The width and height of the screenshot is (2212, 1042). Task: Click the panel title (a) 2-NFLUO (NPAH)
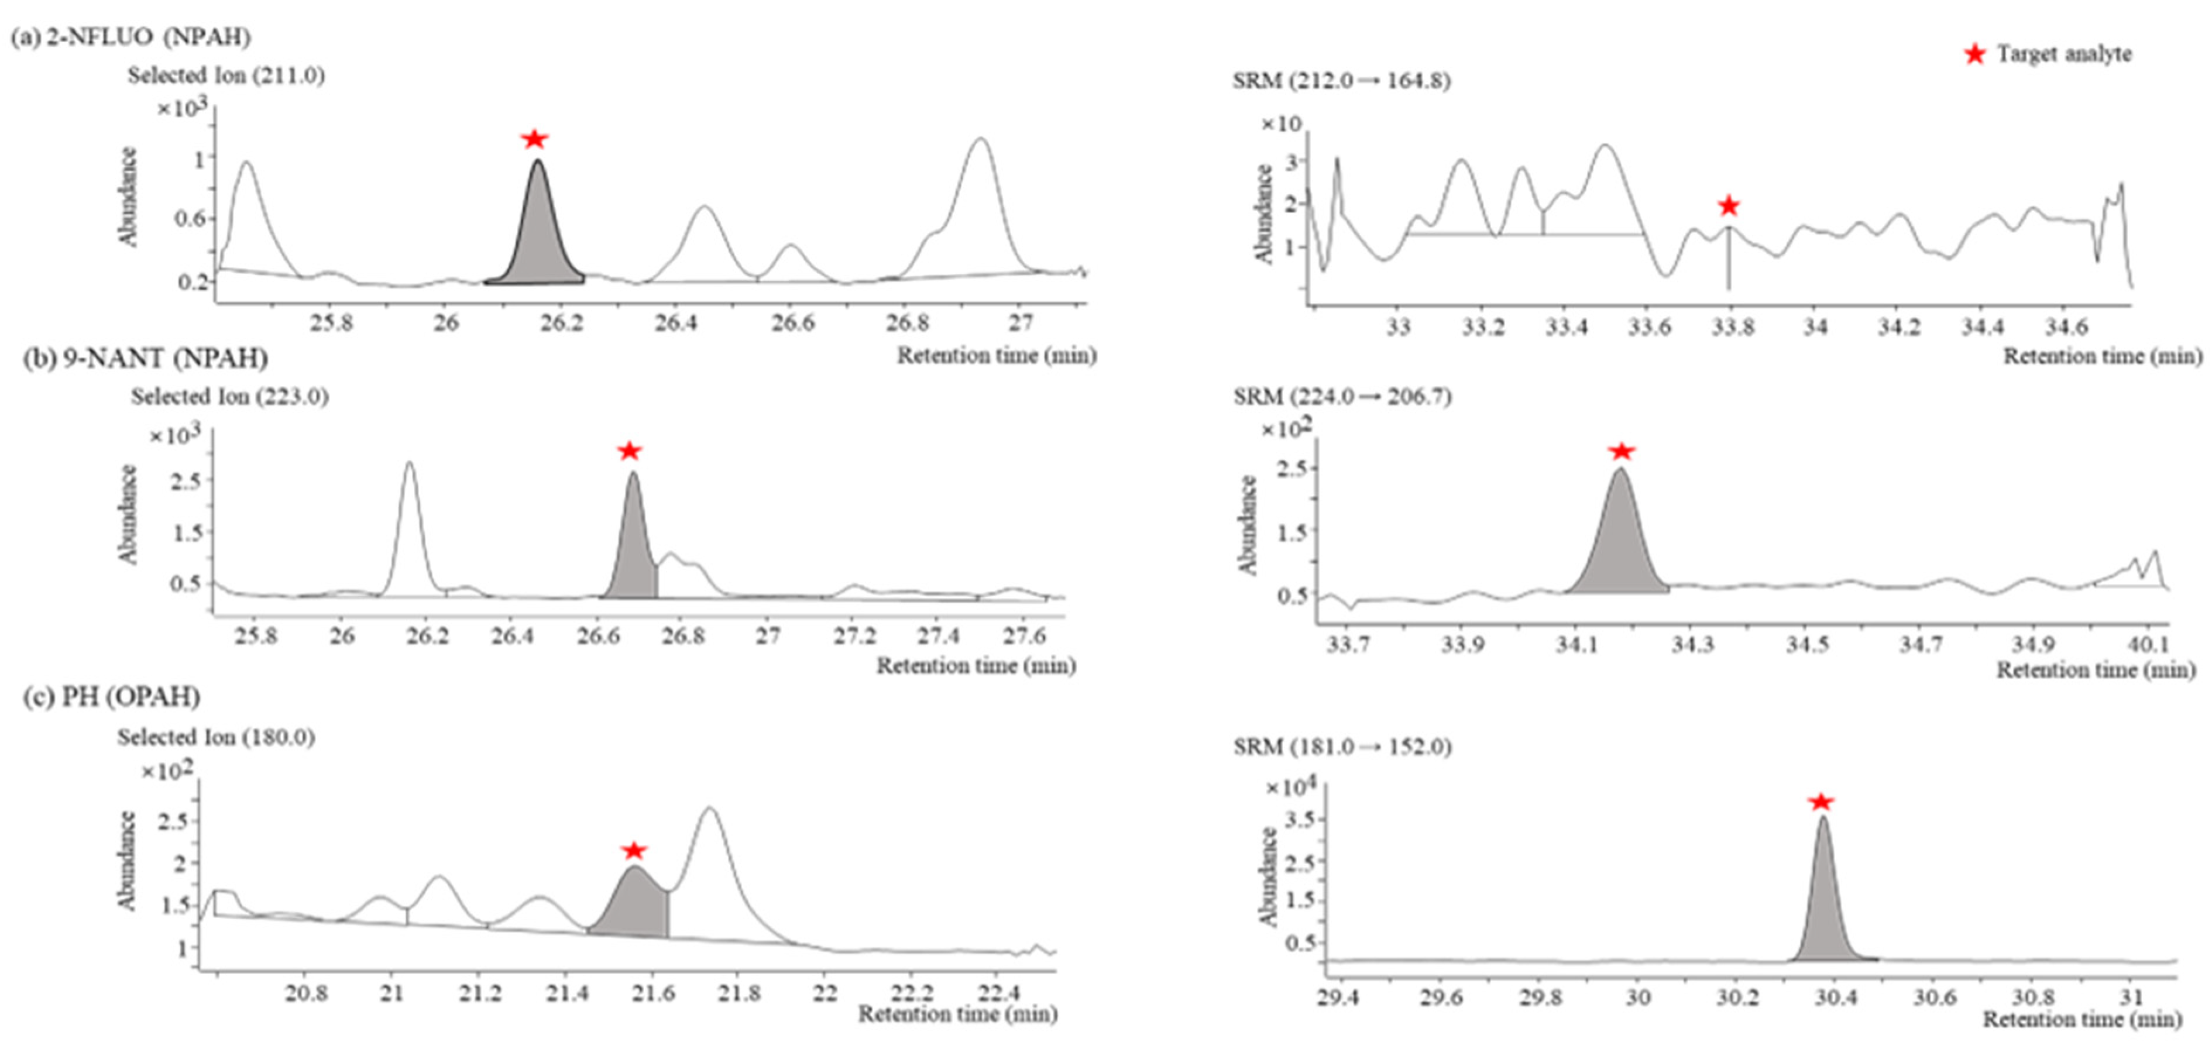pos(130,37)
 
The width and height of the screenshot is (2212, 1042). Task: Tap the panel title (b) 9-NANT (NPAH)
pos(145,358)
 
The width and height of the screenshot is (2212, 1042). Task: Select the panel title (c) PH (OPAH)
pos(112,696)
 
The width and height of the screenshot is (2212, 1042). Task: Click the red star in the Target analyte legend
pos(1974,54)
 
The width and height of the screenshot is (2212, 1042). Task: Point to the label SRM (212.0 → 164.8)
pos(1341,81)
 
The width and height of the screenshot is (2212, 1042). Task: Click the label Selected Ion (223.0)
pos(229,397)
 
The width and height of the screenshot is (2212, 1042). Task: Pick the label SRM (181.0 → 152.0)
pos(1342,747)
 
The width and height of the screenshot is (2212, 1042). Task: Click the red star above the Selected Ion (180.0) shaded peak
pos(634,851)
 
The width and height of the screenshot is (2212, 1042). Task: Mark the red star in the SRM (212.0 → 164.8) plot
pos(1729,206)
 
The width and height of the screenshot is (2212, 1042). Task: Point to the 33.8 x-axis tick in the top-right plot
pos(1732,327)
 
